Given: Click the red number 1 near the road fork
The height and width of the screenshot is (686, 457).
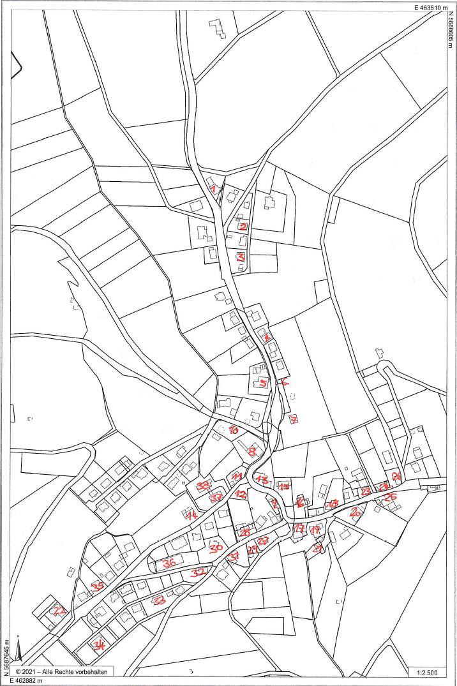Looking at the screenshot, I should [x=214, y=188].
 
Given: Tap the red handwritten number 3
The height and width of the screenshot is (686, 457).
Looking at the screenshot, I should [x=241, y=257].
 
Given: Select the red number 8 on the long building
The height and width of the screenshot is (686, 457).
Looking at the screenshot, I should [x=253, y=451].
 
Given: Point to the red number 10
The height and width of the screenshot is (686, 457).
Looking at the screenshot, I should [x=234, y=430].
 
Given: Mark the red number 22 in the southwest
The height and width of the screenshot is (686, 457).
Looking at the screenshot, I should [x=59, y=611].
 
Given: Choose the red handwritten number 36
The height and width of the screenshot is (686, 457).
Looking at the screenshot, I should [x=169, y=563].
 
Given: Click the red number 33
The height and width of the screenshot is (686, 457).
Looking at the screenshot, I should [x=160, y=600].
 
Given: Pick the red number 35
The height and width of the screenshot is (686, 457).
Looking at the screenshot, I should [x=98, y=586].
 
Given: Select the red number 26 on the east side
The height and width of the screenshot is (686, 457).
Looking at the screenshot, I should [x=391, y=496].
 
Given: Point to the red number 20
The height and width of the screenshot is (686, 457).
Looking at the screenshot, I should [x=396, y=476].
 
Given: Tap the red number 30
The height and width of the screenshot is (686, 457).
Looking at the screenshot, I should [x=216, y=548].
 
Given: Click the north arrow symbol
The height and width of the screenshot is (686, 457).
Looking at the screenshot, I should [x=19, y=651].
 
